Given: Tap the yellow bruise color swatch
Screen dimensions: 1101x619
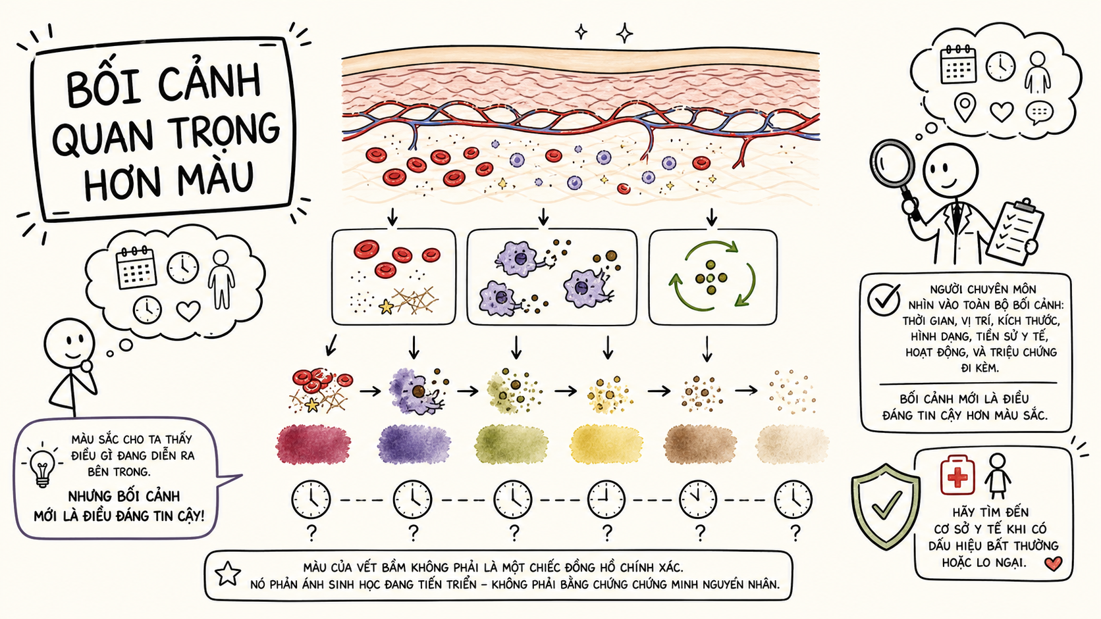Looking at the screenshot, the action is [x=606, y=445].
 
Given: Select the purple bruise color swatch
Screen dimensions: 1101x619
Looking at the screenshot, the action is [x=414, y=444].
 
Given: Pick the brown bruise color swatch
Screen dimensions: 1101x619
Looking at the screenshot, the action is [x=700, y=444].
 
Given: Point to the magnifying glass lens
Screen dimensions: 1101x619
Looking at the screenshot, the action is [x=892, y=165].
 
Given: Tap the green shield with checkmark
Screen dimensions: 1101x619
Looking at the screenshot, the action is [x=885, y=507].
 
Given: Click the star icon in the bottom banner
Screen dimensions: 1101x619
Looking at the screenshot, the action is [x=228, y=574].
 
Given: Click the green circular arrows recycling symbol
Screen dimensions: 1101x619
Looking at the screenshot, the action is [x=712, y=276].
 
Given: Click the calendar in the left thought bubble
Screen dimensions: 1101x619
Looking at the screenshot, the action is [x=136, y=267].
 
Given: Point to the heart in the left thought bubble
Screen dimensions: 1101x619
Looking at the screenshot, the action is [x=188, y=310].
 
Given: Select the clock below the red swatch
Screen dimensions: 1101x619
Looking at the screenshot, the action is [x=311, y=500].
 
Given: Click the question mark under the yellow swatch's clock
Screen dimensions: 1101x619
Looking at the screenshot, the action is [x=607, y=533].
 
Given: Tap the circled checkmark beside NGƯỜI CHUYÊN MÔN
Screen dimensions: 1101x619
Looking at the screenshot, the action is [x=884, y=299].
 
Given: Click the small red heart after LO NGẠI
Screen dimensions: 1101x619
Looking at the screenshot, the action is [x=1053, y=564].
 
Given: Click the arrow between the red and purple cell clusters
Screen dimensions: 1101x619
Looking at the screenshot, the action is [x=370, y=391].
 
